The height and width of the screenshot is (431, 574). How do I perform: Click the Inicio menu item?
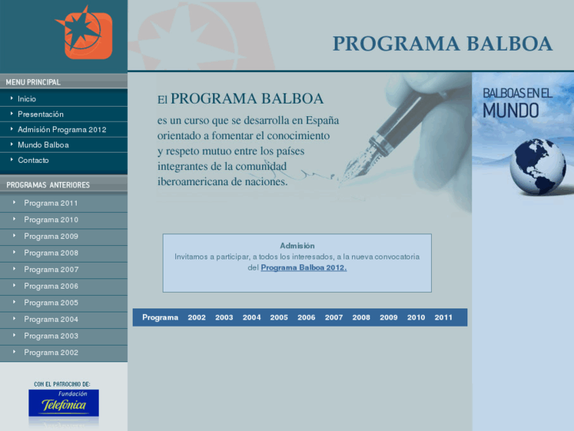tap(27, 99)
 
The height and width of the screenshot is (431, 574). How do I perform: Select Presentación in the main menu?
tap(40, 114)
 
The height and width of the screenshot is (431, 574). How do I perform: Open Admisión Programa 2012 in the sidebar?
tap(62, 129)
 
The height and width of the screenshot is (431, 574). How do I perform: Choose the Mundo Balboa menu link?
tap(43, 145)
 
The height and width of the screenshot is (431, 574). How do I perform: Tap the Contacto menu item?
tap(33, 160)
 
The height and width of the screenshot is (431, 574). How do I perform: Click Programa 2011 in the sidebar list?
tap(51, 203)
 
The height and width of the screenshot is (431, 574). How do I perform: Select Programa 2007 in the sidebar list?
tap(51, 270)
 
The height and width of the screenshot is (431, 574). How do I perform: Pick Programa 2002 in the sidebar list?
tap(51, 353)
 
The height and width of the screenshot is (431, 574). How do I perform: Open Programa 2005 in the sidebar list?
tap(51, 303)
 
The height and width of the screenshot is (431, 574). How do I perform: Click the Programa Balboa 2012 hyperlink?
tap(303, 267)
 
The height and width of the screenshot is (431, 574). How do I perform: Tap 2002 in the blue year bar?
tap(197, 317)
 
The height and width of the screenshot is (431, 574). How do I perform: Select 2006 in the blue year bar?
tap(306, 317)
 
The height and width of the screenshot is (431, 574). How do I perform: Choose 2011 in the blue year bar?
tap(443, 317)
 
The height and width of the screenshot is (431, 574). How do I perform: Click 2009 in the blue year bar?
tap(388, 317)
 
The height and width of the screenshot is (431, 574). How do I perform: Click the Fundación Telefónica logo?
tap(63, 402)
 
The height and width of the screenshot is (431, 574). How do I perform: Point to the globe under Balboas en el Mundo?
tap(538, 166)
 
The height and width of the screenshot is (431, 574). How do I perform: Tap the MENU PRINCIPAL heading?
tap(33, 81)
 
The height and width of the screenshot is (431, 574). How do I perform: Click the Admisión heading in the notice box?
tap(297, 245)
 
